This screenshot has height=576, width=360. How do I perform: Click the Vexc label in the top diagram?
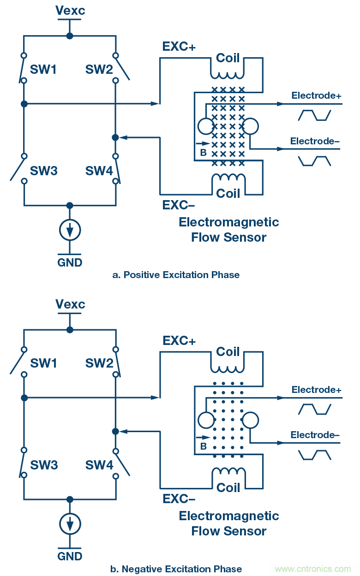(x=70, y=10)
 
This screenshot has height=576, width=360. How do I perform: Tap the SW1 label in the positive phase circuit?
(x=43, y=70)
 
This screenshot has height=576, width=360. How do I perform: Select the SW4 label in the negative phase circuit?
(x=99, y=465)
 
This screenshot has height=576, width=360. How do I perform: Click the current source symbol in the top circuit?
(x=70, y=230)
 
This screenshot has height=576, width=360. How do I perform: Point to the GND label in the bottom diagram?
(x=70, y=556)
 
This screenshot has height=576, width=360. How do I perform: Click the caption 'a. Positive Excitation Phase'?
(x=176, y=275)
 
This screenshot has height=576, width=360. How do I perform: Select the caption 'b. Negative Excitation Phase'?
(x=176, y=569)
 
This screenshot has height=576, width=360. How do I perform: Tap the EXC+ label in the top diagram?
(x=179, y=47)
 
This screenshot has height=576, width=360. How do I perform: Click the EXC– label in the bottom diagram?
(x=179, y=499)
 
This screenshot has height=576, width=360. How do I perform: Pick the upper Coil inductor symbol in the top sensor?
(x=228, y=73)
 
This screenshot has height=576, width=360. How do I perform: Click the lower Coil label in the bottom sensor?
(x=228, y=487)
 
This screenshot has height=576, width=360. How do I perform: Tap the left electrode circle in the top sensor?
(x=205, y=126)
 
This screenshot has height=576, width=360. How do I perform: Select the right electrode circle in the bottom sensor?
(x=251, y=420)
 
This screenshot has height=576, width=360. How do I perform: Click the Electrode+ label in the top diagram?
(x=316, y=95)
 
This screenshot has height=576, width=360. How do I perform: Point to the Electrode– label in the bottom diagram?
(x=315, y=435)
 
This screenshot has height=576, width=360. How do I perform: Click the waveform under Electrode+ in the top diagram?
(x=315, y=115)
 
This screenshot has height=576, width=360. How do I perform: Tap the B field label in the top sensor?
(x=203, y=153)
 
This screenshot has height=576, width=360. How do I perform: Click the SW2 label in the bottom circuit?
(x=99, y=363)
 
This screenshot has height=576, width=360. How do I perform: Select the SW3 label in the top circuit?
(x=44, y=171)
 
